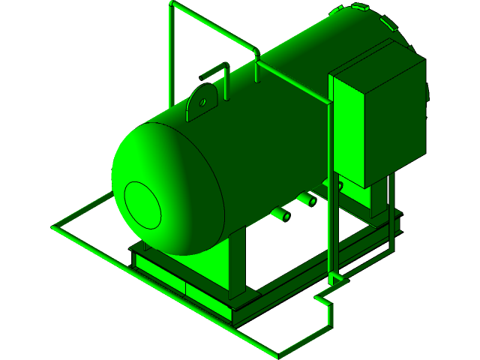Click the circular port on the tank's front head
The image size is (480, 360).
(x=142, y=205)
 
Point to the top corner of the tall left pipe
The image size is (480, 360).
(x=174, y=7)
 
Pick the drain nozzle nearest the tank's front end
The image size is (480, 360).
(x=283, y=215)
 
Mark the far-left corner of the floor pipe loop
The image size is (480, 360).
(x=55, y=226)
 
